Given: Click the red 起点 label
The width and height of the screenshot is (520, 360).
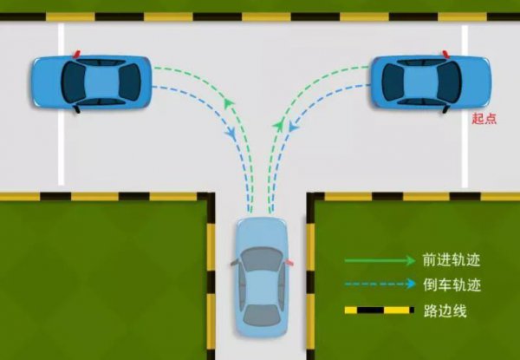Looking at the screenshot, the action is point(484,119).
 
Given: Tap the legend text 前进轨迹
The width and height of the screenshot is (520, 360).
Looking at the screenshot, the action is point(452,259).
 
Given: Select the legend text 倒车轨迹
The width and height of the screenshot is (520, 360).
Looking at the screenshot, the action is point(452,285).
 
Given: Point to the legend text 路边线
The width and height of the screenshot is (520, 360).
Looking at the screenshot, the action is point(445,311).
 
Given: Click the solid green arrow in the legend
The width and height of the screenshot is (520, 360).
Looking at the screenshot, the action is point(380,261).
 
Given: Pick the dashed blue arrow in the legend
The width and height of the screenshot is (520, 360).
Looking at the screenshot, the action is point(380,284).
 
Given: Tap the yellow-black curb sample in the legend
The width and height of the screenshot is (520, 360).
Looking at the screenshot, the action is point(380,311).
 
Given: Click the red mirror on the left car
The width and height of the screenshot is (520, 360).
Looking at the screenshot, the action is point(76,54).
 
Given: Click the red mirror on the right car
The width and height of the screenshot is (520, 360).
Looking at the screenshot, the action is point(445,54).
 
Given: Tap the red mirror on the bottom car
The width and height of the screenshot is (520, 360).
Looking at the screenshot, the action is point(289,262).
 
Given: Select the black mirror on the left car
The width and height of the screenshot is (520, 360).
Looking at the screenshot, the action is point(77,108).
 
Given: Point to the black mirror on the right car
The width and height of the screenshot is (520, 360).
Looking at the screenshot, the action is point(445,108).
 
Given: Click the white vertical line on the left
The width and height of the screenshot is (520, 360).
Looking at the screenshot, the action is point(61,104).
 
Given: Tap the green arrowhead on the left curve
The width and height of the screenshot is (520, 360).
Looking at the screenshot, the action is point(228,103).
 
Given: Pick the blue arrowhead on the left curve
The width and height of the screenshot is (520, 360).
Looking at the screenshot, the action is point(231,134).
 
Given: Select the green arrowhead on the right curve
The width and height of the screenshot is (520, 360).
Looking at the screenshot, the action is point(278,125).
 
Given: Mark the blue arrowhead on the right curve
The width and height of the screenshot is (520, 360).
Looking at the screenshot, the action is point(293,126).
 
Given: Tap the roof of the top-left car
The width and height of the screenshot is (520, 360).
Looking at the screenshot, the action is point(101,82).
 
